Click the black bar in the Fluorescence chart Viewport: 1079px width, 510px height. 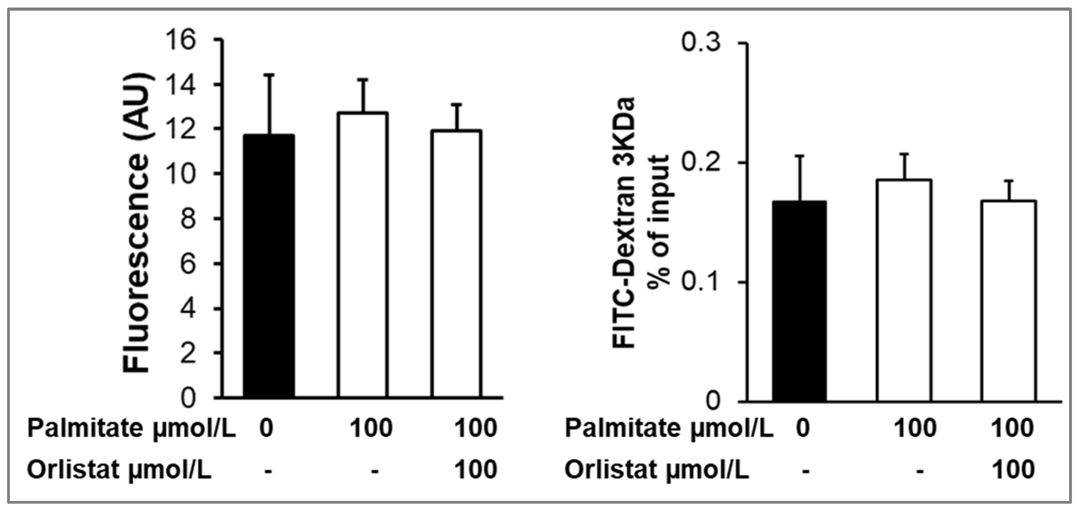tap(269, 265)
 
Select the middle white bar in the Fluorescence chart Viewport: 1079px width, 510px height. tap(363, 254)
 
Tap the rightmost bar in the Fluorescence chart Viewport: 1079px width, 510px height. tap(457, 263)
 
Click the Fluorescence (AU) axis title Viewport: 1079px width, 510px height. tap(137, 222)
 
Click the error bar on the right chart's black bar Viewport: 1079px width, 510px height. tap(800, 178)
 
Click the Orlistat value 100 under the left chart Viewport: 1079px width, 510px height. tap(476, 469)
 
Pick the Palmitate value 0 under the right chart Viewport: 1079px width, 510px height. tap(802, 428)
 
